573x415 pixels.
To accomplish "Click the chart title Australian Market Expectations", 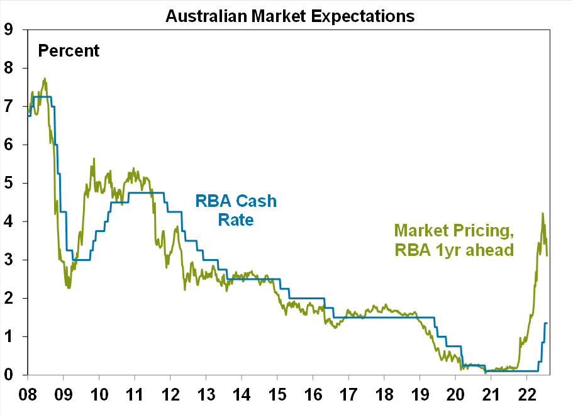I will click(290, 16).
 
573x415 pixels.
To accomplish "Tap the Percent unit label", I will click(69, 50).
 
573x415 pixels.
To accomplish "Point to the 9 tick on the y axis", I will click(9, 29).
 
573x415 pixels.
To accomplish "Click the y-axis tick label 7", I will click(9, 106).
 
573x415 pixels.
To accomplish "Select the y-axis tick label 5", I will click(9, 183).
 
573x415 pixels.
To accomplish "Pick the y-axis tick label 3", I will click(9, 260).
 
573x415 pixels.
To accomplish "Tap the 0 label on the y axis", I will click(9, 375).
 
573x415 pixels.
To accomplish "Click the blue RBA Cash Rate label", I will click(236, 210).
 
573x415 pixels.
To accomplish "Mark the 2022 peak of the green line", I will click(542, 213).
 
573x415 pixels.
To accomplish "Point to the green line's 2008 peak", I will click(45, 79).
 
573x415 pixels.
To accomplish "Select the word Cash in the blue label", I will click(259, 201).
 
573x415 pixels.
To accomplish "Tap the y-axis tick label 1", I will click(9, 336).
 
